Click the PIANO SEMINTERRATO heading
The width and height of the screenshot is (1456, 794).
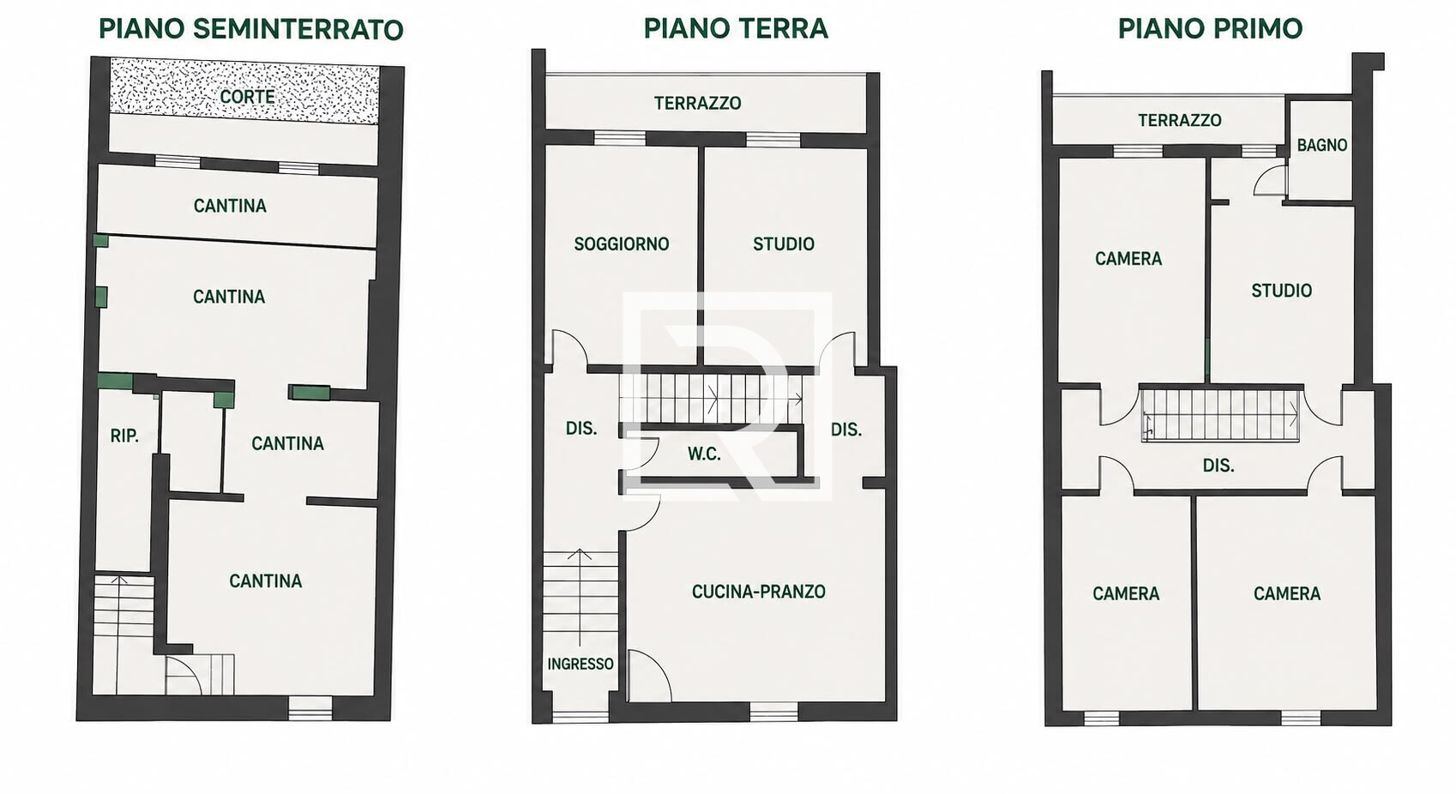(251, 30)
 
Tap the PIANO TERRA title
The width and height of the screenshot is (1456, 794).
(736, 28)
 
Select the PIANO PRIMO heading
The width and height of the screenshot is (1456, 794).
(1210, 28)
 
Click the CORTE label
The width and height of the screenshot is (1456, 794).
(247, 97)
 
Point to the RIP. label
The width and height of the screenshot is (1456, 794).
(124, 436)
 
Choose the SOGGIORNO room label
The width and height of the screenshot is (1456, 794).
(622, 244)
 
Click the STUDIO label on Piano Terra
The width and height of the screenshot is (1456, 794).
(783, 244)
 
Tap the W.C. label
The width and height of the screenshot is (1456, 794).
(704, 454)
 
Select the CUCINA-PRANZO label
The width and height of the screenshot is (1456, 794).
(759, 592)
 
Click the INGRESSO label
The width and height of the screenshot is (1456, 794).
(581, 664)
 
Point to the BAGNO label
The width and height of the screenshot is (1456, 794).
(1322, 145)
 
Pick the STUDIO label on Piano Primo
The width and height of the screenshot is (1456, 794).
(1282, 291)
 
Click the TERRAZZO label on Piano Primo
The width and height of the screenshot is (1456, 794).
(1180, 120)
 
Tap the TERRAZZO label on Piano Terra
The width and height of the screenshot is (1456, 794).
(697, 103)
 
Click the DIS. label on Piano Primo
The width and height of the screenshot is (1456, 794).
(1218, 466)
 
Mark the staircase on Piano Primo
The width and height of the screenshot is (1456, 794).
(1220, 414)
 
